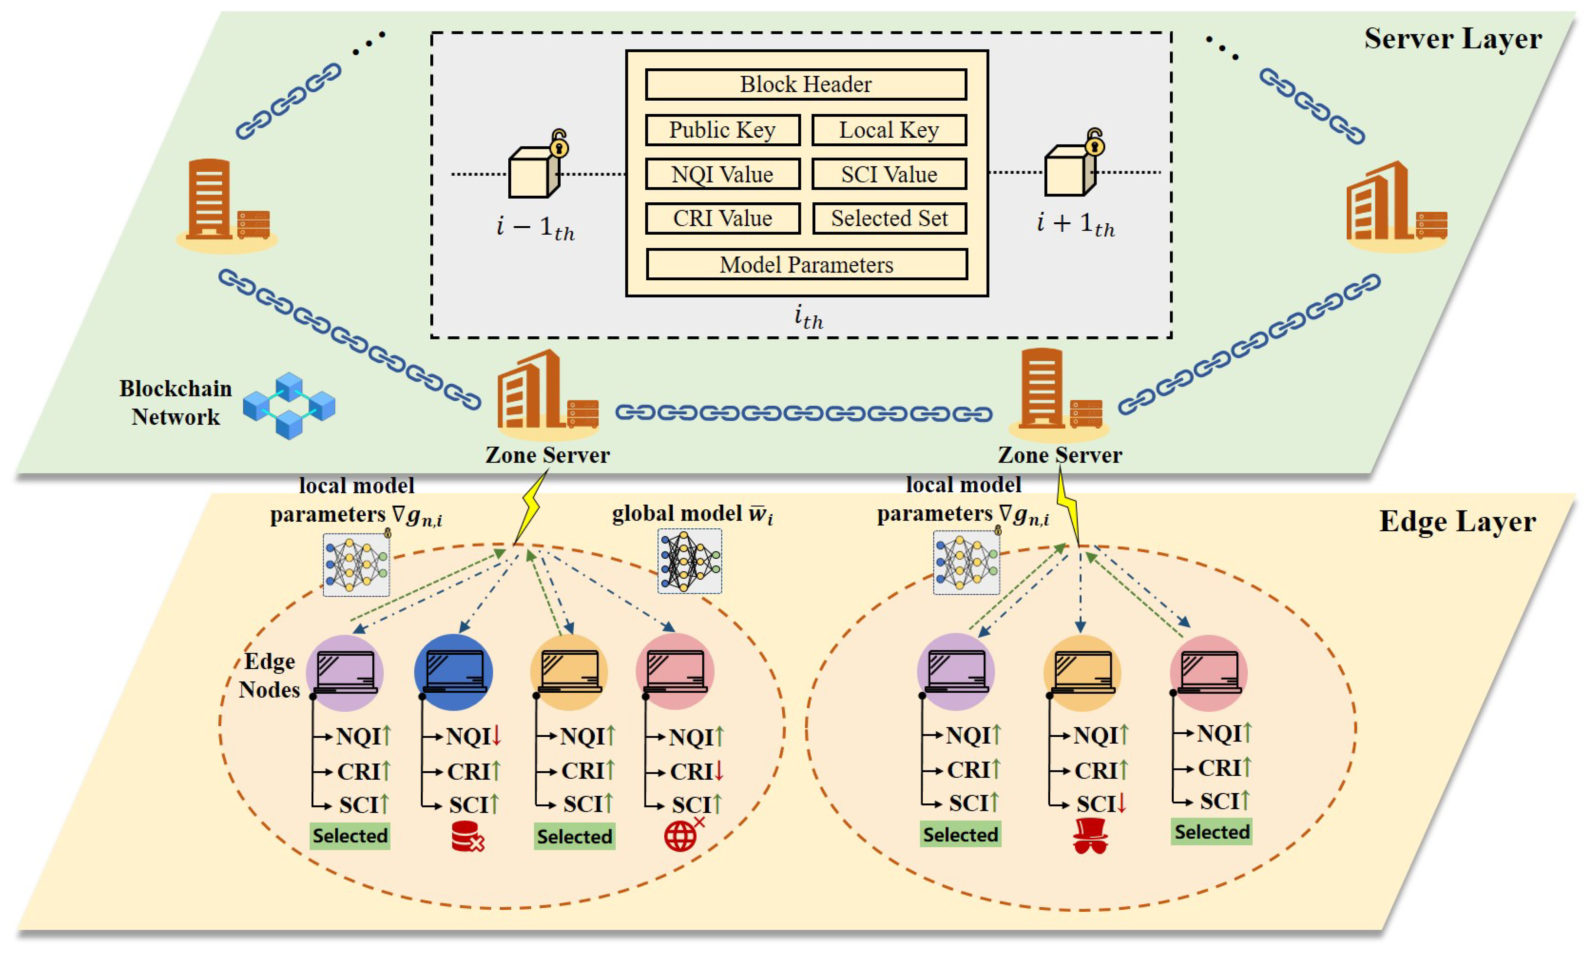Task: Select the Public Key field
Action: [722, 130]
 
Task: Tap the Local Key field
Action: [888, 130]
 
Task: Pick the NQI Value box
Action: [722, 174]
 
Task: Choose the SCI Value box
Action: [888, 174]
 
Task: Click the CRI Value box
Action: [722, 218]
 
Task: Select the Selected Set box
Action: [888, 218]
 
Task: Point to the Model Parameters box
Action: [806, 265]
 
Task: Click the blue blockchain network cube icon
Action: [289, 405]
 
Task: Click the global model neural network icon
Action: [689, 561]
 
